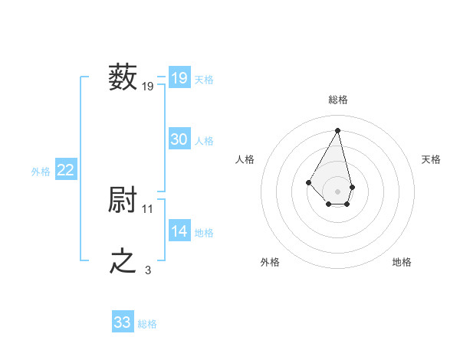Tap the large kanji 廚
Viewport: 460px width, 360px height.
point(123,200)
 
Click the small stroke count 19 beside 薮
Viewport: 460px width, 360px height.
point(148,87)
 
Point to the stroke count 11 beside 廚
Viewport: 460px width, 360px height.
point(148,208)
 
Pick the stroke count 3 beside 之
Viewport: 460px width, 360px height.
point(148,270)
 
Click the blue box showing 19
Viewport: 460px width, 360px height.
point(179,78)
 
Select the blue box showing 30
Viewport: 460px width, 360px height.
point(179,139)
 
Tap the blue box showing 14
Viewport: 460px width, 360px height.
point(179,231)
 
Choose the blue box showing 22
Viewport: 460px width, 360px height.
point(65,170)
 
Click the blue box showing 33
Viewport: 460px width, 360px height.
point(123,322)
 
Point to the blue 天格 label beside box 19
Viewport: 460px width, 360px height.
point(204,80)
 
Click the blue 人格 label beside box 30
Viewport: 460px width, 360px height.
point(204,141)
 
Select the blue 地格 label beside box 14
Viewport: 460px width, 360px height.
point(204,233)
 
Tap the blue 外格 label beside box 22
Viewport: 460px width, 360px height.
point(41,172)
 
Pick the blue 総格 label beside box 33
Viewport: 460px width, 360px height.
point(147,324)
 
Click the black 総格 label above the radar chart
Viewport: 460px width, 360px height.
point(338,100)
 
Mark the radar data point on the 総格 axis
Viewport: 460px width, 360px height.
point(338,129)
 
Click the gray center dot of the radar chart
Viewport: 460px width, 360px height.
point(338,191)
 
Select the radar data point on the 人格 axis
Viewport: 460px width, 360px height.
point(309,182)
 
